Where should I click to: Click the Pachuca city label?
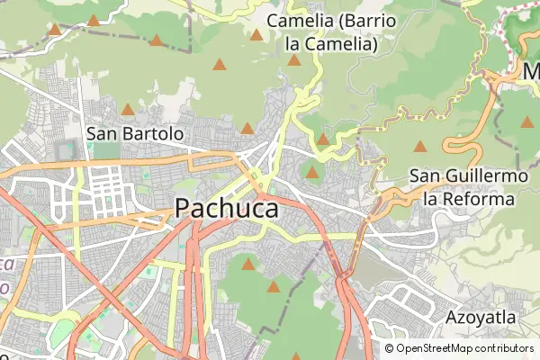[226, 208]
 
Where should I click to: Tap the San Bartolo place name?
[135, 133]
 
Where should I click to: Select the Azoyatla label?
[481, 318]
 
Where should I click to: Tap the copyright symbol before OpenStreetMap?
[389, 348]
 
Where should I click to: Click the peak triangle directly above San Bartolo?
[127, 110]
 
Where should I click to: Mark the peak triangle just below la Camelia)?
[293, 60]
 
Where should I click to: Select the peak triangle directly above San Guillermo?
[419, 146]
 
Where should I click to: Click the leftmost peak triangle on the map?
[55, 30]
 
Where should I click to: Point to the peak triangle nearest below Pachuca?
[248, 264]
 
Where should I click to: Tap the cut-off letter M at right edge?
[532, 70]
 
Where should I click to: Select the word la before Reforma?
[432, 198]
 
